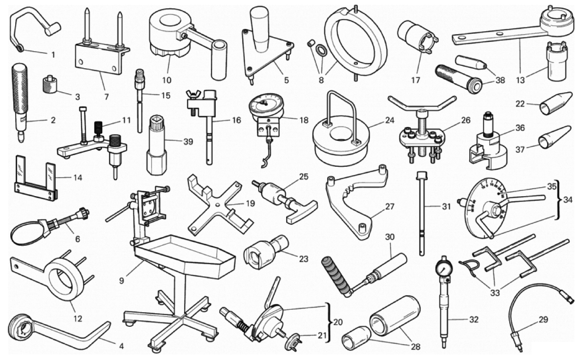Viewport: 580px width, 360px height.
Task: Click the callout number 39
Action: tap(188, 141)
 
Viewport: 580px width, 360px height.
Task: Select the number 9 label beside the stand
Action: tap(122, 280)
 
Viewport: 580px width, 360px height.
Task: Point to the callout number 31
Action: tap(446, 206)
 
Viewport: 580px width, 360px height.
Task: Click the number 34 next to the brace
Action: tap(568, 200)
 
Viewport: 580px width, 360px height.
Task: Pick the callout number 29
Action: tap(543, 320)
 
